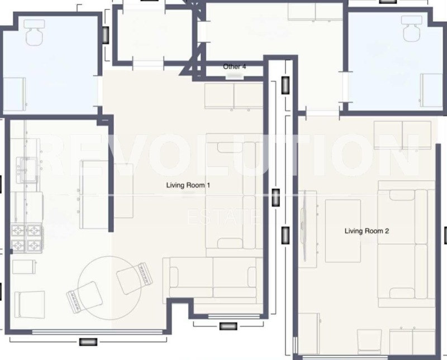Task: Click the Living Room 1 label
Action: [x=188, y=185]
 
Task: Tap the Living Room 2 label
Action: [x=367, y=231]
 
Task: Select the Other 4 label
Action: [x=235, y=66]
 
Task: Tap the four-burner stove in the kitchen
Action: [x=27, y=238]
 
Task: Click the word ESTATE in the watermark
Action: [x=223, y=217]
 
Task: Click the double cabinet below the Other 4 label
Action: [x=233, y=97]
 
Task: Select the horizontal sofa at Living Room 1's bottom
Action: [x=213, y=277]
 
